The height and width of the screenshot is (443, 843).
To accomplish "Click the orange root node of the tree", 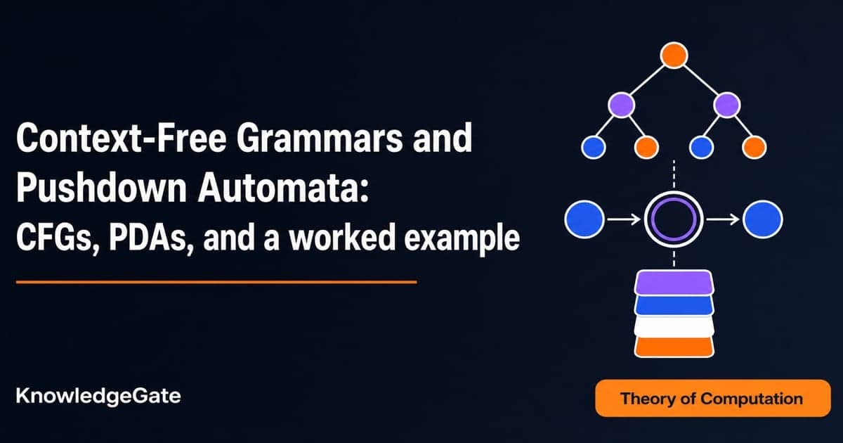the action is click(x=674, y=56).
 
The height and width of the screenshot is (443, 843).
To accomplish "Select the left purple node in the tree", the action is click(x=621, y=105).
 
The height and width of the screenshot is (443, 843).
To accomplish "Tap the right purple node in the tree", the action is click(x=726, y=105).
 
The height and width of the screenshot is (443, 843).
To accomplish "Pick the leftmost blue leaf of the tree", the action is click(x=594, y=147).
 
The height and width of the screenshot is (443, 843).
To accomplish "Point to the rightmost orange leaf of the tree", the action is click(x=754, y=147).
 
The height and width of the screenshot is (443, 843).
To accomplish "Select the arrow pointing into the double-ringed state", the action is click(x=624, y=219).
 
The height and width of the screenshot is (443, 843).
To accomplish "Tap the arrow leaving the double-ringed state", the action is click(x=723, y=219).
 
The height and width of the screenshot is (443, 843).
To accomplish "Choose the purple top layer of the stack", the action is click(x=674, y=282).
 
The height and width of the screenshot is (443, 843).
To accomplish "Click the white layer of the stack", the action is click(x=674, y=326).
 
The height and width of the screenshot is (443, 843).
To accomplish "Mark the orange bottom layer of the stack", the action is click(x=674, y=347).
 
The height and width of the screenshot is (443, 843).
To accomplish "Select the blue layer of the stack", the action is click(x=674, y=304).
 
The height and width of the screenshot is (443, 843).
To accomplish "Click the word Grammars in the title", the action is click(x=320, y=138).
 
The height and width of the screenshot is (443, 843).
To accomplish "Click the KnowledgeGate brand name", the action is click(x=98, y=397).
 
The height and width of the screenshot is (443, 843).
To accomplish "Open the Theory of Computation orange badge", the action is click(x=713, y=398).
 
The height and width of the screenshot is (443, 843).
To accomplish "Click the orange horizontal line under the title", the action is click(x=216, y=282).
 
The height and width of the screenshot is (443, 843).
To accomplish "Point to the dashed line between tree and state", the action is click(x=674, y=174).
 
